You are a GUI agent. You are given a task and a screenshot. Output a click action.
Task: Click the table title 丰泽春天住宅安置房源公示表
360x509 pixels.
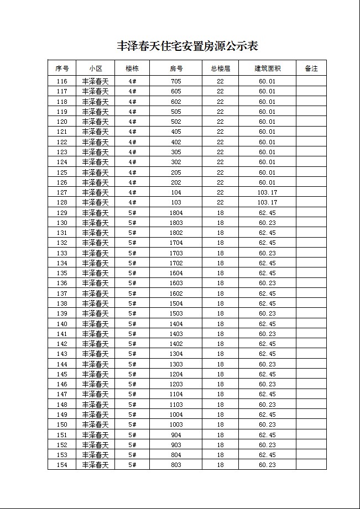tap(187, 46)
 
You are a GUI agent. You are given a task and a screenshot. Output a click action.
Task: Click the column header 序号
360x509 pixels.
tap(62, 69)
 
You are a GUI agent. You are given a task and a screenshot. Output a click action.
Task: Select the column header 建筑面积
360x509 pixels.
tap(267, 69)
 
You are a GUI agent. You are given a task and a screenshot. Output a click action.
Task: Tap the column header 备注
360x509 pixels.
tap(311, 69)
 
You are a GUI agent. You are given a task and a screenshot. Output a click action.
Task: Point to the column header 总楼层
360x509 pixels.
tap(220, 69)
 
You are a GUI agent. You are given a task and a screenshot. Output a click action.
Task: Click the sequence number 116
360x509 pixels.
tap(62, 81)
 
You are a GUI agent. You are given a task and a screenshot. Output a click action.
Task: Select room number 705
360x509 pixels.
tap(176, 81)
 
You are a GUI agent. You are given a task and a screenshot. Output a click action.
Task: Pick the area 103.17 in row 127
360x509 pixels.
tap(267, 192)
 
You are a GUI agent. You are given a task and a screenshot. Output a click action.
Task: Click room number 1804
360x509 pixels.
tap(176, 213)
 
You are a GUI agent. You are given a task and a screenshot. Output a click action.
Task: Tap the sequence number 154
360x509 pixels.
tap(62, 465)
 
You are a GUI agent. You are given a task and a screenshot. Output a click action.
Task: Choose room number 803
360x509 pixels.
tap(176, 465)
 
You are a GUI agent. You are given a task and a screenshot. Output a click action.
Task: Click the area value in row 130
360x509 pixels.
tap(267, 223)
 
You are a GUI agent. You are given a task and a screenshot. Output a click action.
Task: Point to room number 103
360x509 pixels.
tap(176, 202)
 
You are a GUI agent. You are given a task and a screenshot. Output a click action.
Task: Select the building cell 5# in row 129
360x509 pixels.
tap(132, 213)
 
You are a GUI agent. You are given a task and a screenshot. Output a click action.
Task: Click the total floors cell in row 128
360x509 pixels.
tap(220, 202)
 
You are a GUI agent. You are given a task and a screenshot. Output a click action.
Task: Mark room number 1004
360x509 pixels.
tap(176, 414)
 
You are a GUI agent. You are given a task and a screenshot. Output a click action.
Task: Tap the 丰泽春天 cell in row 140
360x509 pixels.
tap(95, 324)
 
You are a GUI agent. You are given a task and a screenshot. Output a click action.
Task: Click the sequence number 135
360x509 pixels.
tap(62, 273)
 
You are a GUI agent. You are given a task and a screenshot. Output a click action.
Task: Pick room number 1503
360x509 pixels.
tap(176, 313)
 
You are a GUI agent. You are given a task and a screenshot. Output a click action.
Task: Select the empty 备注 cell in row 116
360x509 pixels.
tap(311, 81)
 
